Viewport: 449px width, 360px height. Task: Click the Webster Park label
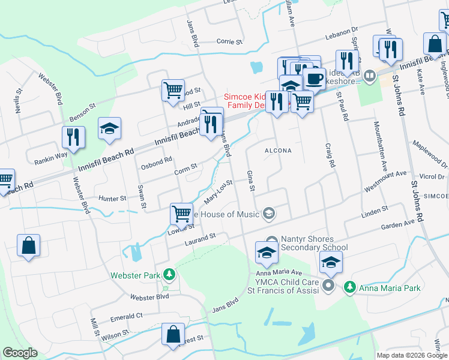point(134,276)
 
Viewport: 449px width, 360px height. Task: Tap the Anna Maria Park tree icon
point(350,287)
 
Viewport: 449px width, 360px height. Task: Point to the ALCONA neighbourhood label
point(278,151)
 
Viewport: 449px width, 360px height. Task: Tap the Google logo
point(20,353)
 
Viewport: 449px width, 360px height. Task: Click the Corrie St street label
point(229,42)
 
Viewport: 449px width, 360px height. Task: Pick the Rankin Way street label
point(50,157)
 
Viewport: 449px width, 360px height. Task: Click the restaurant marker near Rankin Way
point(74,137)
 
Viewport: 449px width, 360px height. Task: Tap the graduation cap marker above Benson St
point(110,128)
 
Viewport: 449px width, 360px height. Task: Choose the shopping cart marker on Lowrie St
point(181,212)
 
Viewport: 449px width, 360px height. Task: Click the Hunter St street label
point(113,197)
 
